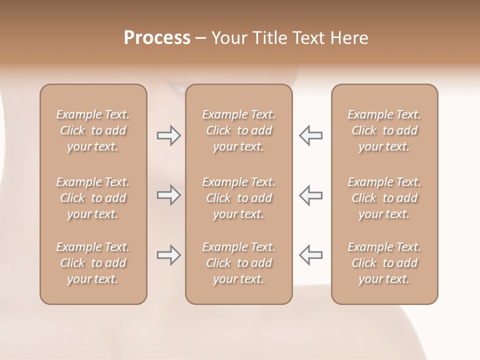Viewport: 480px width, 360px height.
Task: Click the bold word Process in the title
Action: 157,38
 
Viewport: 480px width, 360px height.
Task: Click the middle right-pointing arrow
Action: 168,195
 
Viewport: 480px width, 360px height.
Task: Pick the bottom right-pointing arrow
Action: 168,255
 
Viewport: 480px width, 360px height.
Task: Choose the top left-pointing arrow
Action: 311,135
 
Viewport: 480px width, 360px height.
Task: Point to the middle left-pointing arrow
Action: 311,195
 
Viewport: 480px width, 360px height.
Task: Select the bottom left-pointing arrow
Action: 311,255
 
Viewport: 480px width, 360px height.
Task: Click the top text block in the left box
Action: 93,130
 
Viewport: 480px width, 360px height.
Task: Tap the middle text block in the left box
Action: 93,198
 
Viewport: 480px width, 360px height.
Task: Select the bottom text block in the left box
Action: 93,263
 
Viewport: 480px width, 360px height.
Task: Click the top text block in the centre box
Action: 238,130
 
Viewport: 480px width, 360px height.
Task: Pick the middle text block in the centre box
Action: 238,198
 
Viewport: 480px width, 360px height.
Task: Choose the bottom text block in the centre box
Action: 238,263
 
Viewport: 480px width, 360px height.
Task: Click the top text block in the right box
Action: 384,130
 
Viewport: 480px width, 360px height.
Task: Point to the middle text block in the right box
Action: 384,198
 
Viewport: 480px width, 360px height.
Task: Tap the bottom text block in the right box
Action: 384,263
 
